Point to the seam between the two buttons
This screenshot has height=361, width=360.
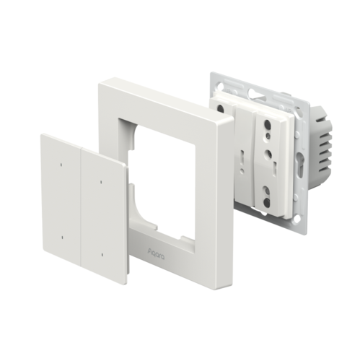82,209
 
